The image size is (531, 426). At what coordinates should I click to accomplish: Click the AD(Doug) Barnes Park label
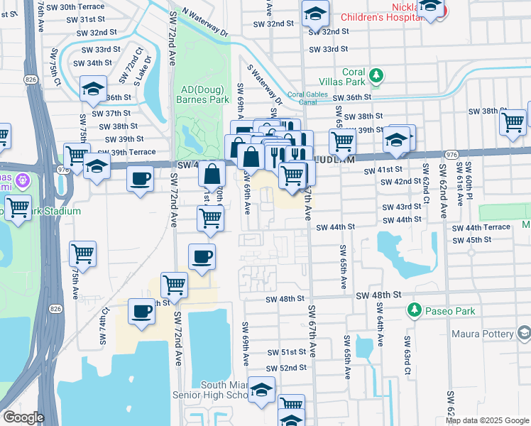coord(204,94)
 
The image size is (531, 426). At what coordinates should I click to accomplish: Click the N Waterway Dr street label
coord(205,23)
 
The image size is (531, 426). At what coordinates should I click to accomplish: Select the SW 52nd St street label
coord(286,368)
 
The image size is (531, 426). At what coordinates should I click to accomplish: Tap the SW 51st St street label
coord(286,352)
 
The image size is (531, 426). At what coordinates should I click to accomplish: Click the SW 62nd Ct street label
coord(426,183)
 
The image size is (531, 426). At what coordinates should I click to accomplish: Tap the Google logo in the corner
coord(23,417)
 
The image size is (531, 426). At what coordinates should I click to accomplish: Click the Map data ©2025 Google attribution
coord(487,420)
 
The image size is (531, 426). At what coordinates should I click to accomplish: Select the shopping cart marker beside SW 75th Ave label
coord(83,253)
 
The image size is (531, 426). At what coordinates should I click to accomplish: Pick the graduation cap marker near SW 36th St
coord(92,89)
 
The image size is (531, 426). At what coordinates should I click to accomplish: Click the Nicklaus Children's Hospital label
coord(383,11)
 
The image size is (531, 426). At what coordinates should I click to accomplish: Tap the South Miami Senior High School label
coord(208,389)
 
